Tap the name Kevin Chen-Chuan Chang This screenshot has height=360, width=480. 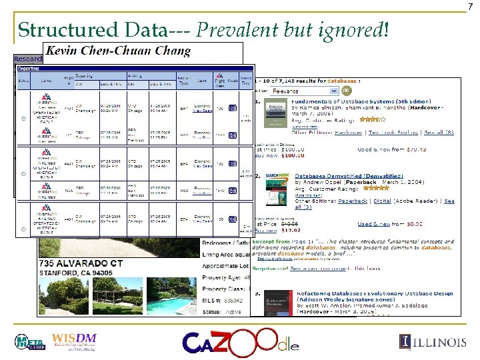coord(118,51)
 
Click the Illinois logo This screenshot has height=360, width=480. coord(433,342)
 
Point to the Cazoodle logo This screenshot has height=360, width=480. coord(241,343)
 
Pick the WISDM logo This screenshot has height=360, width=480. coord(75,341)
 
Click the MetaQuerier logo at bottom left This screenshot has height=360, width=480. coord(31,342)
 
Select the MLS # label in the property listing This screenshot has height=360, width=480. coord(213,301)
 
